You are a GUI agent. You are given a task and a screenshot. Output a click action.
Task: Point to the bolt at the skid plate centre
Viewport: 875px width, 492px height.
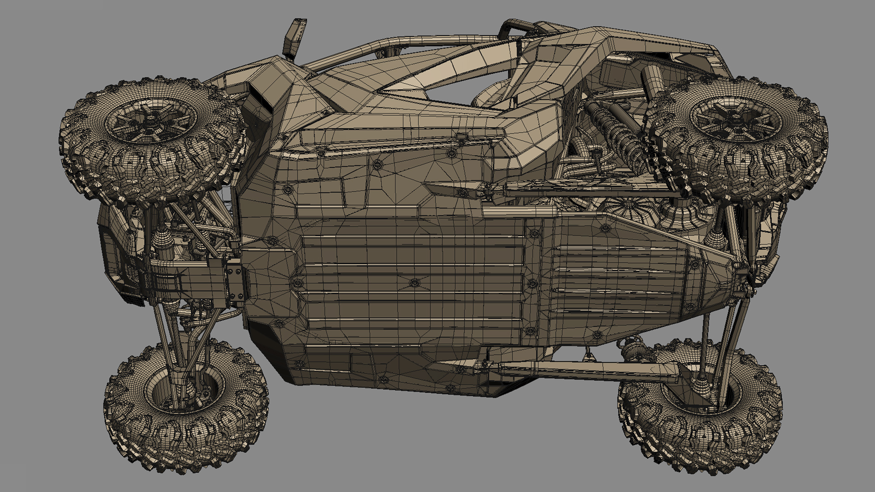[x=414, y=283]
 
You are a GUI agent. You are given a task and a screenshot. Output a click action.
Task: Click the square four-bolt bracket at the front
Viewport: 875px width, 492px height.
[x=235, y=284]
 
